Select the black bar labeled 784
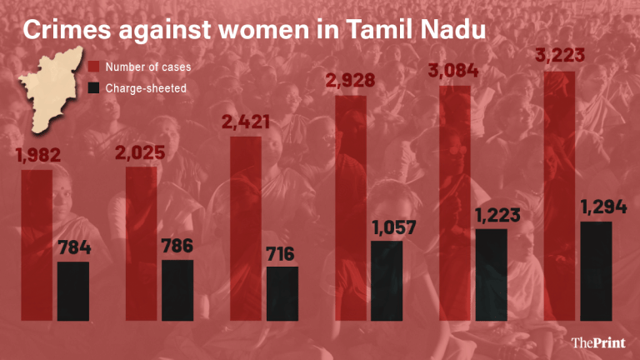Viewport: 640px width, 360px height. pos(72,291)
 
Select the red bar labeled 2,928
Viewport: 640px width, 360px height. pos(351,207)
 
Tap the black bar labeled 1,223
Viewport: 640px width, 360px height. pos(491,274)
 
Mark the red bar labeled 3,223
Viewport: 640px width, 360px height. pos(559,196)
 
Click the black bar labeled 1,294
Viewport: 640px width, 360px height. pos(596,271)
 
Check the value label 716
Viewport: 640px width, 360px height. pos(282,253)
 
